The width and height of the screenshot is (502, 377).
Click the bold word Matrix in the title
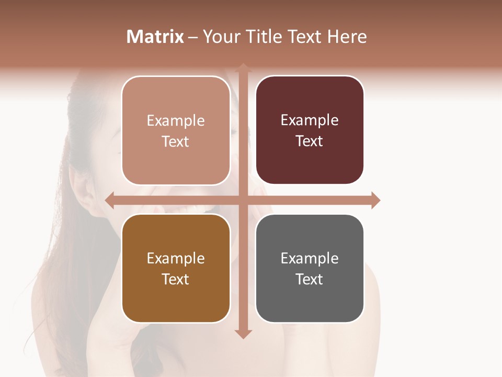point(155,37)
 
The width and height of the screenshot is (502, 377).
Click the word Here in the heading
point(347,37)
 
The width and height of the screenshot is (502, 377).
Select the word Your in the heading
point(219,37)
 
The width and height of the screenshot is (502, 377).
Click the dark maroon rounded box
point(310,130)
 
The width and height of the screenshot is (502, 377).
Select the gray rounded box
point(310,268)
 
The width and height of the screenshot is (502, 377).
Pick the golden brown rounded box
point(176,268)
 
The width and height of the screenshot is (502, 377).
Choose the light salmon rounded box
point(176,130)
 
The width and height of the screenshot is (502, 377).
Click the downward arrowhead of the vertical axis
point(243,334)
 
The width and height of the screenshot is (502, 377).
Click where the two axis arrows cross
point(243,200)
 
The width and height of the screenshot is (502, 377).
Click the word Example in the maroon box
point(310,120)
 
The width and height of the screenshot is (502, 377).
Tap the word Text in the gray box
point(310,279)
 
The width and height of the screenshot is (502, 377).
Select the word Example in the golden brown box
point(176,258)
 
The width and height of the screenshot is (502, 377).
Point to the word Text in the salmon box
point(176,141)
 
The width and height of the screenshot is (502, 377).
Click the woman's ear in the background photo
point(84,194)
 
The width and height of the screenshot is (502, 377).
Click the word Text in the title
point(304,37)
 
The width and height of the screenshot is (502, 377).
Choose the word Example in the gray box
point(310,258)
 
